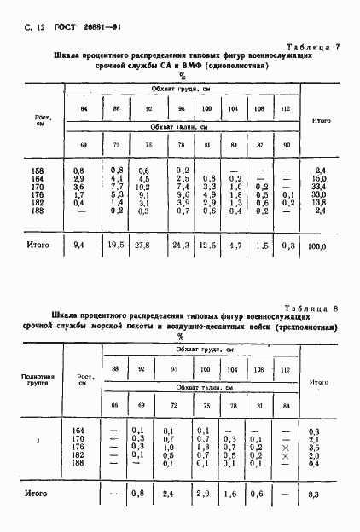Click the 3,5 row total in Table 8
(x=313, y=447)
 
